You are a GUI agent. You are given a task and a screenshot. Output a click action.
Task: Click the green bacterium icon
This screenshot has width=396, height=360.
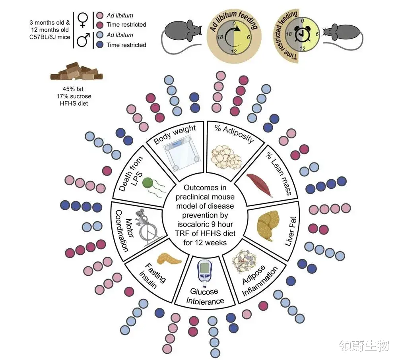148,184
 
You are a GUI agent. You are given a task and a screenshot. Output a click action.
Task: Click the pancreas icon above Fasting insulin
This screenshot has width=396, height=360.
169,259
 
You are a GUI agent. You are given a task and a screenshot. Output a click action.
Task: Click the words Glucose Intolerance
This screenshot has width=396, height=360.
205,296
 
